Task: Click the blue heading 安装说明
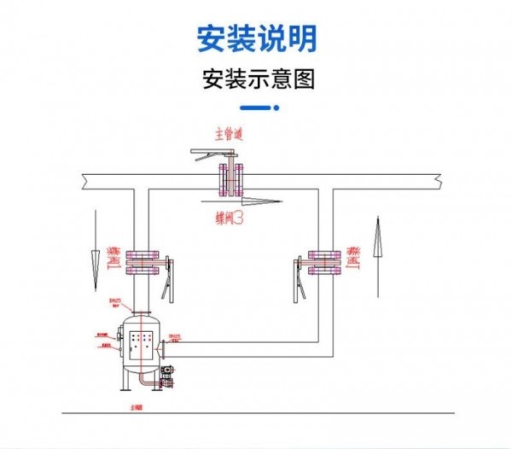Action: coord(257,39)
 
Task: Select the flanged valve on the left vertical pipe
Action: coord(142,261)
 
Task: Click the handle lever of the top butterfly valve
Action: coord(213,154)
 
